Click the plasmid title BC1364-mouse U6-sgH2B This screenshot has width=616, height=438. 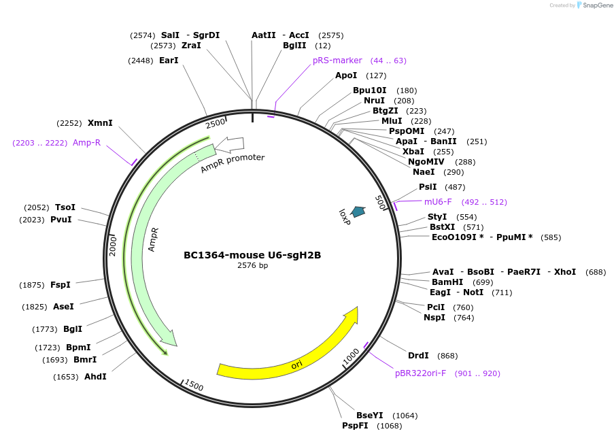pyautogui.click(x=252, y=255)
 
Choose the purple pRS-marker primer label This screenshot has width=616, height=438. pyautogui.click(x=337, y=61)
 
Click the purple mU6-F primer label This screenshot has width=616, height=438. pyautogui.click(x=438, y=202)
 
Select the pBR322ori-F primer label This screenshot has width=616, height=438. pyautogui.click(x=420, y=373)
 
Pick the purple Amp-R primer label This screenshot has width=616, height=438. pyautogui.click(x=86, y=143)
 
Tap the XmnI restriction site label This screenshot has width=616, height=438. pyautogui.click(x=100, y=123)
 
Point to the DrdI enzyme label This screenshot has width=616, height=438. pyautogui.click(x=418, y=356)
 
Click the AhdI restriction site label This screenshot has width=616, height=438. pyautogui.click(x=95, y=376)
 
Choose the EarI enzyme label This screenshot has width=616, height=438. pyautogui.click(x=169, y=61)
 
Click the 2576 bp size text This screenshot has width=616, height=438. pyautogui.click(x=252, y=266)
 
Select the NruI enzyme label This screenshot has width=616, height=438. pyautogui.click(x=374, y=101)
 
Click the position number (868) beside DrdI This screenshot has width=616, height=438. pyautogui.click(x=447, y=356)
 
